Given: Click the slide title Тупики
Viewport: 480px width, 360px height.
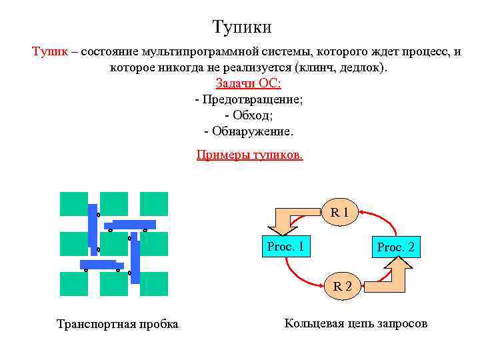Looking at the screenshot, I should tap(242, 27).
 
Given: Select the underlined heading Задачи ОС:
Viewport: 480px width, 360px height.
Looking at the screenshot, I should tap(249, 83).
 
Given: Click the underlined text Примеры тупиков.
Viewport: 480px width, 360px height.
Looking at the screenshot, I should tap(249, 155).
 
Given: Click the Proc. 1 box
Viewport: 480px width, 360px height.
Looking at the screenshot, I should tap(285, 247).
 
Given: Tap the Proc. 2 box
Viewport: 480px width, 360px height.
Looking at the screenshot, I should tap(395, 247).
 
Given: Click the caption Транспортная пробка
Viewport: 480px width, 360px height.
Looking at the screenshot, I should tap(117, 325).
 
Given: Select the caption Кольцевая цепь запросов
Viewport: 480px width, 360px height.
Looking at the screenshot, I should tap(355, 324).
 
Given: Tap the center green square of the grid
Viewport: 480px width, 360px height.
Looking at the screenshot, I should tap(114, 244).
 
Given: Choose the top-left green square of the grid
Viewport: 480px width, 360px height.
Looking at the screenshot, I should tap(73, 204).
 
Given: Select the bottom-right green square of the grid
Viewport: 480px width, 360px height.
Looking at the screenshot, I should tap(155, 284).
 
